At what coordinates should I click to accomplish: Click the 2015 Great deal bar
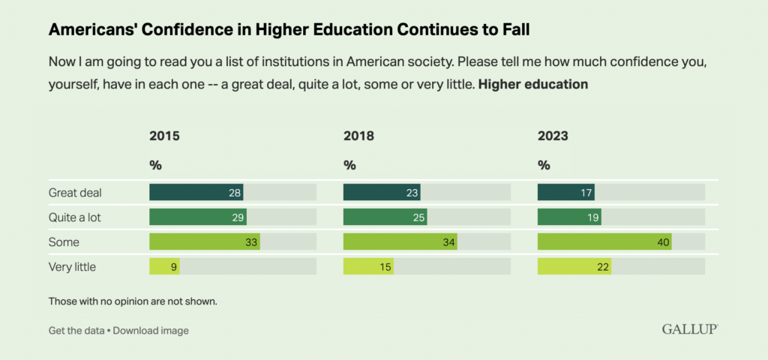coord(196,192)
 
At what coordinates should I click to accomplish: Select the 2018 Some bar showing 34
coord(400,241)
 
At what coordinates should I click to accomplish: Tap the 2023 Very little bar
coord(574,266)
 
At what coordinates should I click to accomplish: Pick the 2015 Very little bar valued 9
coord(164,266)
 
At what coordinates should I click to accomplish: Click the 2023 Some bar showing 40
coord(604,241)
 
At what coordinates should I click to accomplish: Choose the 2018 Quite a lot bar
coord(385,217)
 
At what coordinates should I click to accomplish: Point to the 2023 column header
coord(553,136)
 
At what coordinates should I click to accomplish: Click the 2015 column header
coord(164,136)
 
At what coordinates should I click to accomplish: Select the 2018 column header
coord(358,136)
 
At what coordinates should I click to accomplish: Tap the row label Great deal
coord(75,193)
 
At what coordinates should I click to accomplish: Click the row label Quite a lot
coord(76,217)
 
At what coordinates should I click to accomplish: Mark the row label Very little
coord(72,266)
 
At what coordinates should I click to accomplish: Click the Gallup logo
coord(690,329)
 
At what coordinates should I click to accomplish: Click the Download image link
coord(151,330)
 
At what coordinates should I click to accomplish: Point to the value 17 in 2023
coord(585,193)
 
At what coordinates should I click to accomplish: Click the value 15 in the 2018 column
coord(385,266)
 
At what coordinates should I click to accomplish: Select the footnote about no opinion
coord(133,301)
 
